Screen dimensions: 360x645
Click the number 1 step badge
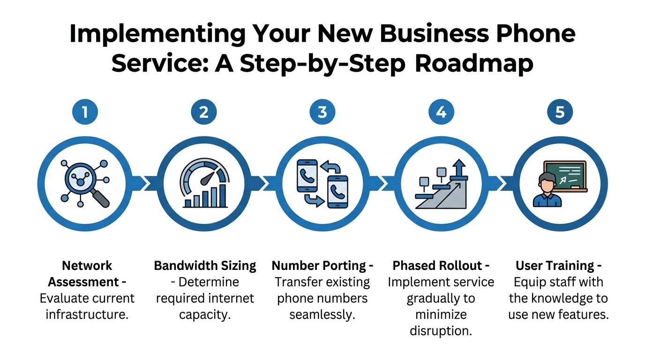(85, 112)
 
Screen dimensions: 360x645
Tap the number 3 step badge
(322, 112)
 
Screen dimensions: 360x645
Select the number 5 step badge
(560, 112)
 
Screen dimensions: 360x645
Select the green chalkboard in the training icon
(565, 175)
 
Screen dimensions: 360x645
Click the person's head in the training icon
(547, 182)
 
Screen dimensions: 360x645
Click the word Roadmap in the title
(474, 64)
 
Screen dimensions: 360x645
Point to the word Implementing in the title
(157, 34)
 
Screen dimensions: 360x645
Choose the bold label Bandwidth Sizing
(205, 266)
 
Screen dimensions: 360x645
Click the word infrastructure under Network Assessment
(87, 315)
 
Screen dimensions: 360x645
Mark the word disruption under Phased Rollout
(441, 330)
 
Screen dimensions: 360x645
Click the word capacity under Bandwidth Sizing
(205, 315)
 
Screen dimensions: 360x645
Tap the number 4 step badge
(441, 112)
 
